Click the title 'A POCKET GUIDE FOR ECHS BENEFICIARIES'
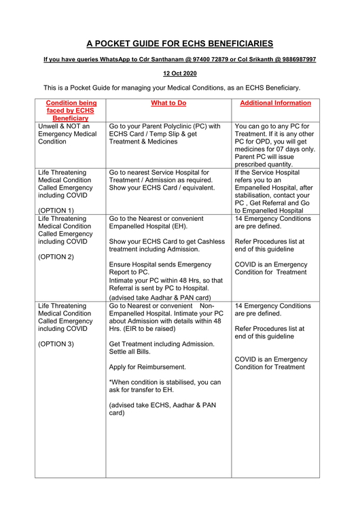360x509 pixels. coord(180,44)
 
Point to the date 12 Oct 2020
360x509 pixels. coord(180,73)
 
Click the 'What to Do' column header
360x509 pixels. coord(168,103)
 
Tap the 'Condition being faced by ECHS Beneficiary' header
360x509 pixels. coord(71,111)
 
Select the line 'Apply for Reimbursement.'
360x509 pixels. coord(147,366)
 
